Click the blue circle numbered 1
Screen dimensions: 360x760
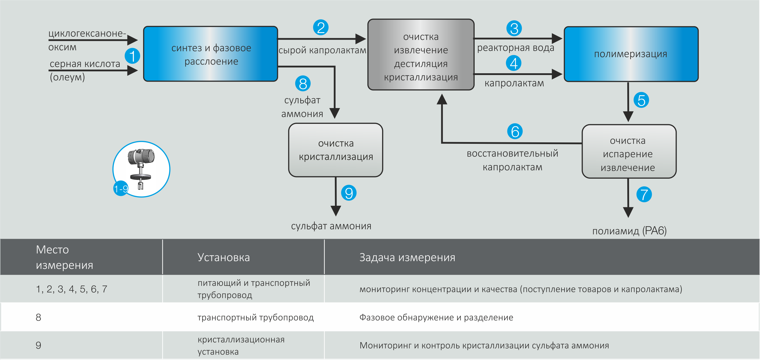(132, 56)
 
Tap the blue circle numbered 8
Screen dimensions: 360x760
(303, 84)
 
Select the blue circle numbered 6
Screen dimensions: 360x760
(515, 131)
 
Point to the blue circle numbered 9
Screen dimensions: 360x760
(349, 193)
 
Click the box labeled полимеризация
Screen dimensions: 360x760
(631, 54)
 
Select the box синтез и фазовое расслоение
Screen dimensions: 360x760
(211, 54)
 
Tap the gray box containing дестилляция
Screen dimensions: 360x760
(421, 55)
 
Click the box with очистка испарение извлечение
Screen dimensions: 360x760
(629, 152)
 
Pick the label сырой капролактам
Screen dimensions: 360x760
(322, 50)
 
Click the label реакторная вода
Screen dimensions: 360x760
(515, 48)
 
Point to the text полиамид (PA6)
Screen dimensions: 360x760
(629, 231)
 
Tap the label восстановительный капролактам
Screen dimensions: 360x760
(512, 160)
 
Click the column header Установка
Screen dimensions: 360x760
(224, 257)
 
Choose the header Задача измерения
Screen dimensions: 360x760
(407, 257)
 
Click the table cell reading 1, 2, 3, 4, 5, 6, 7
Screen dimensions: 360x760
(71, 289)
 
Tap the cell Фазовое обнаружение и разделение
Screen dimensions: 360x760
(436, 317)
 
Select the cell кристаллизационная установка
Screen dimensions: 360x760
(241, 345)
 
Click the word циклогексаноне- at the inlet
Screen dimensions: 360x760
(87, 33)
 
